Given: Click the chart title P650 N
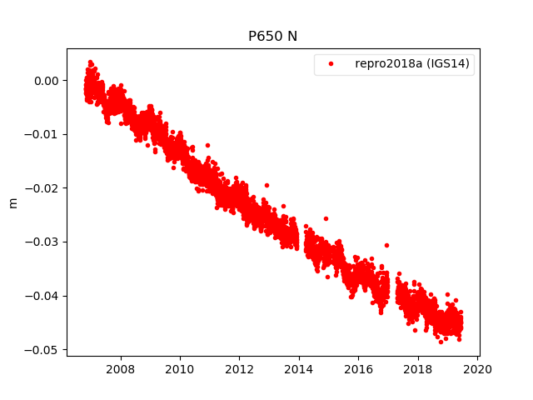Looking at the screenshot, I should tap(272, 36).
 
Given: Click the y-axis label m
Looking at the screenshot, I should tap(12, 202).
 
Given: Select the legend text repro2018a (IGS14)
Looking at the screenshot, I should tap(414, 64).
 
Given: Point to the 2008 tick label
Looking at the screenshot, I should tap(121, 369).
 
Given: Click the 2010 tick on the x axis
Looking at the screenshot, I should tap(180, 369).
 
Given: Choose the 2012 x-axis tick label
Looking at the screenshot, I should tap(240, 369).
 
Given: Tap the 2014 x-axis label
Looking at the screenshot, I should tap(299, 369).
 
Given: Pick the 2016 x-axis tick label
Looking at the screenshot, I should tap(359, 369).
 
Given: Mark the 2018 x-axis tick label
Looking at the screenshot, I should tap(418, 369).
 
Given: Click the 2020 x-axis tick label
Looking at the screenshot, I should tap(477, 369).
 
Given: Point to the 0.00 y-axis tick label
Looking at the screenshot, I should tap(47, 81).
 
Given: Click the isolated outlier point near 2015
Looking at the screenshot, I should tap(326, 218).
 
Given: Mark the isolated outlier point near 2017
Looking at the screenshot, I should tap(386, 245).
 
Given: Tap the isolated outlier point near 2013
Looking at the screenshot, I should tap(266, 185).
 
